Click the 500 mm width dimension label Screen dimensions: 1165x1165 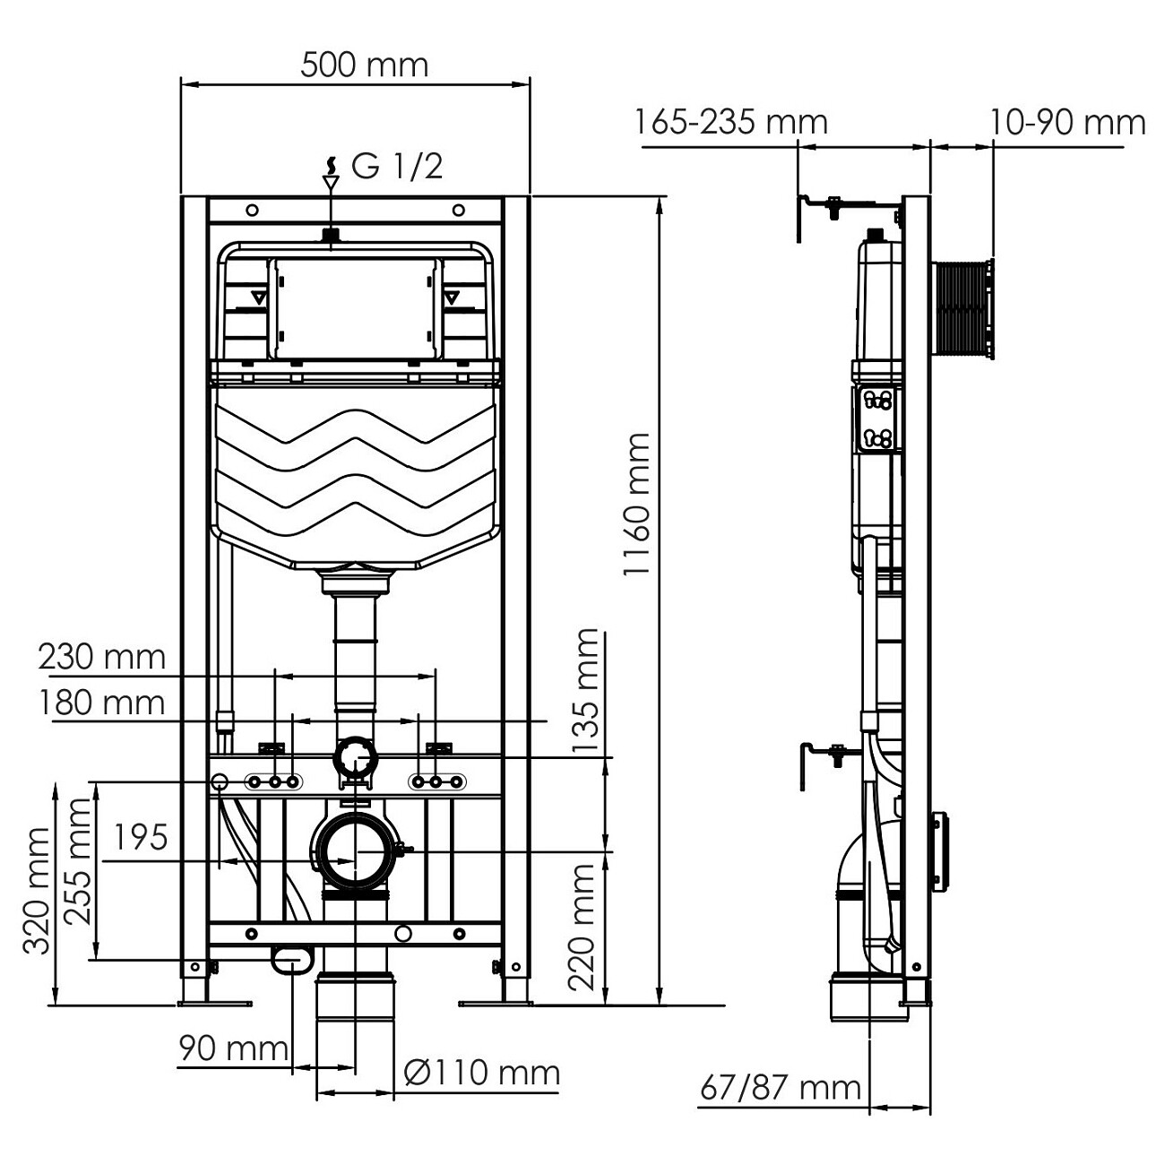tap(364, 65)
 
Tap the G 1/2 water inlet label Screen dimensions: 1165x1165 tap(397, 167)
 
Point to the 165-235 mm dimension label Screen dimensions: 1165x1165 tap(731, 122)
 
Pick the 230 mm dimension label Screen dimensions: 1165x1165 tap(102, 657)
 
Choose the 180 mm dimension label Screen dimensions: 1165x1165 tap(102, 703)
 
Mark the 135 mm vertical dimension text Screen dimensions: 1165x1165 tap(585, 692)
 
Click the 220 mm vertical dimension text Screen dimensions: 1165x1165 tap(584, 926)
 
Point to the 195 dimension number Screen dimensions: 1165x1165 tap(141, 838)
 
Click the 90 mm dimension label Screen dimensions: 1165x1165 tap(233, 1048)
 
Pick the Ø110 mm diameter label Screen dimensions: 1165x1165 tap(482, 1073)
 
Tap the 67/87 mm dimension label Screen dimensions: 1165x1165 tap(780, 1088)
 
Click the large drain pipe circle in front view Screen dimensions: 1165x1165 tap(355, 851)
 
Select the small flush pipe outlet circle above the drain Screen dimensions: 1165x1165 tap(355, 759)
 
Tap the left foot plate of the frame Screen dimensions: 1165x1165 tap(215, 1003)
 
